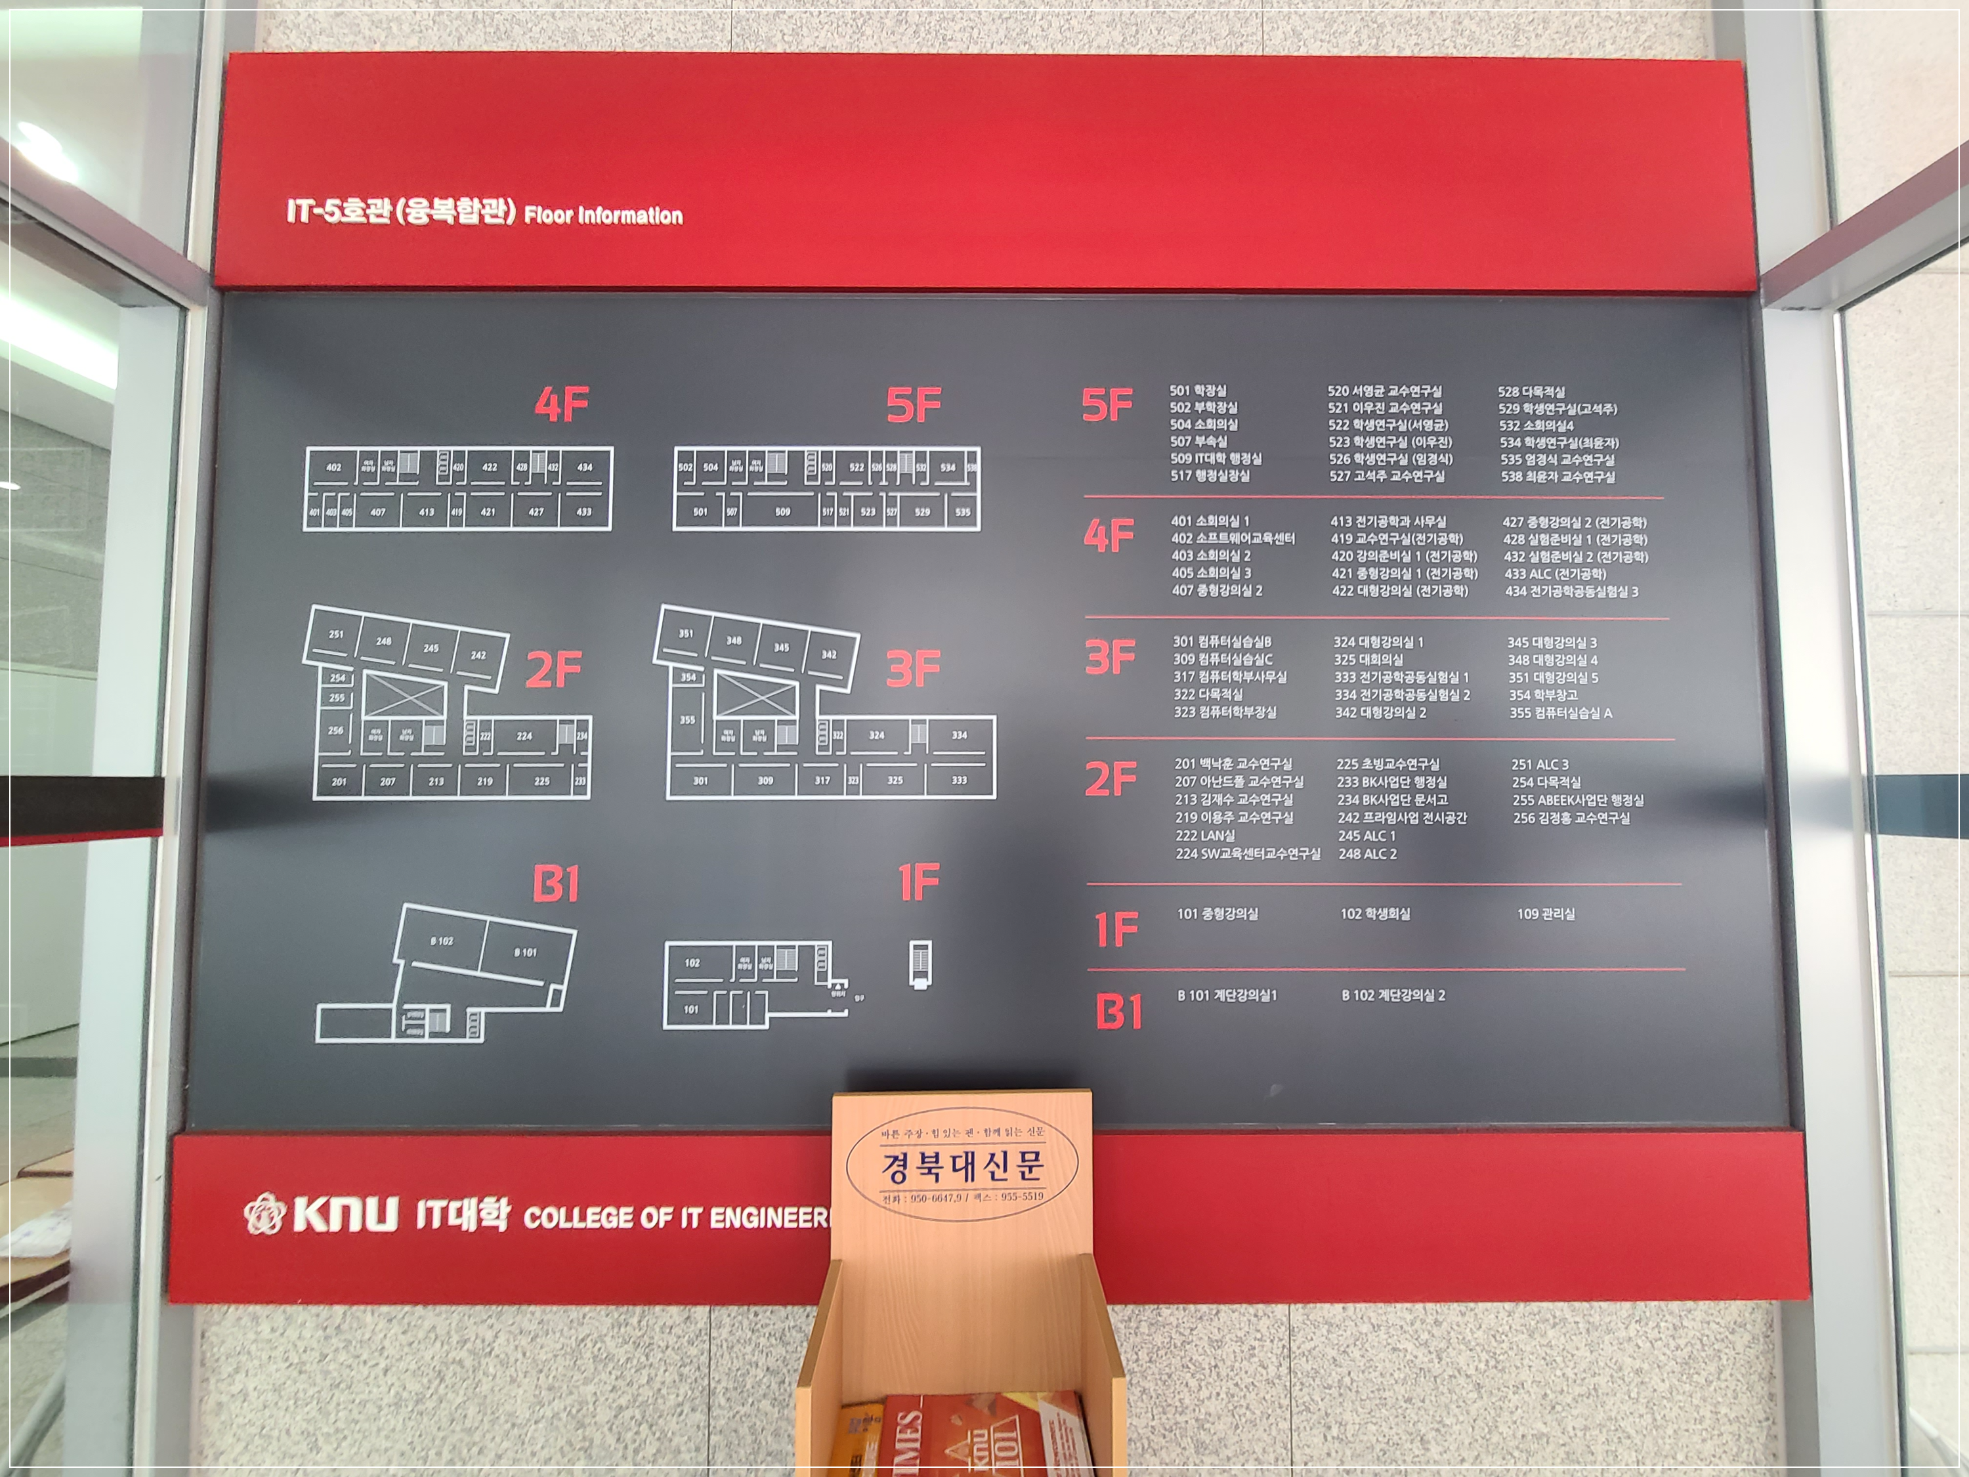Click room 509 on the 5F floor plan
(x=782, y=512)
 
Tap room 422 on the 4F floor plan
(x=490, y=467)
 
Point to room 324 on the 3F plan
(x=877, y=735)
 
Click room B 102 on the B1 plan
(x=442, y=941)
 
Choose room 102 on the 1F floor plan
(x=692, y=962)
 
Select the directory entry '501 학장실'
(x=1197, y=391)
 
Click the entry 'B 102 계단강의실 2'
(x=1393, y=995)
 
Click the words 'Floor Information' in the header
(x=604, y=215)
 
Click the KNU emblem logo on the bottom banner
(x=263, y=1214)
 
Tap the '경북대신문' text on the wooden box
(x=962, y=1165)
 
